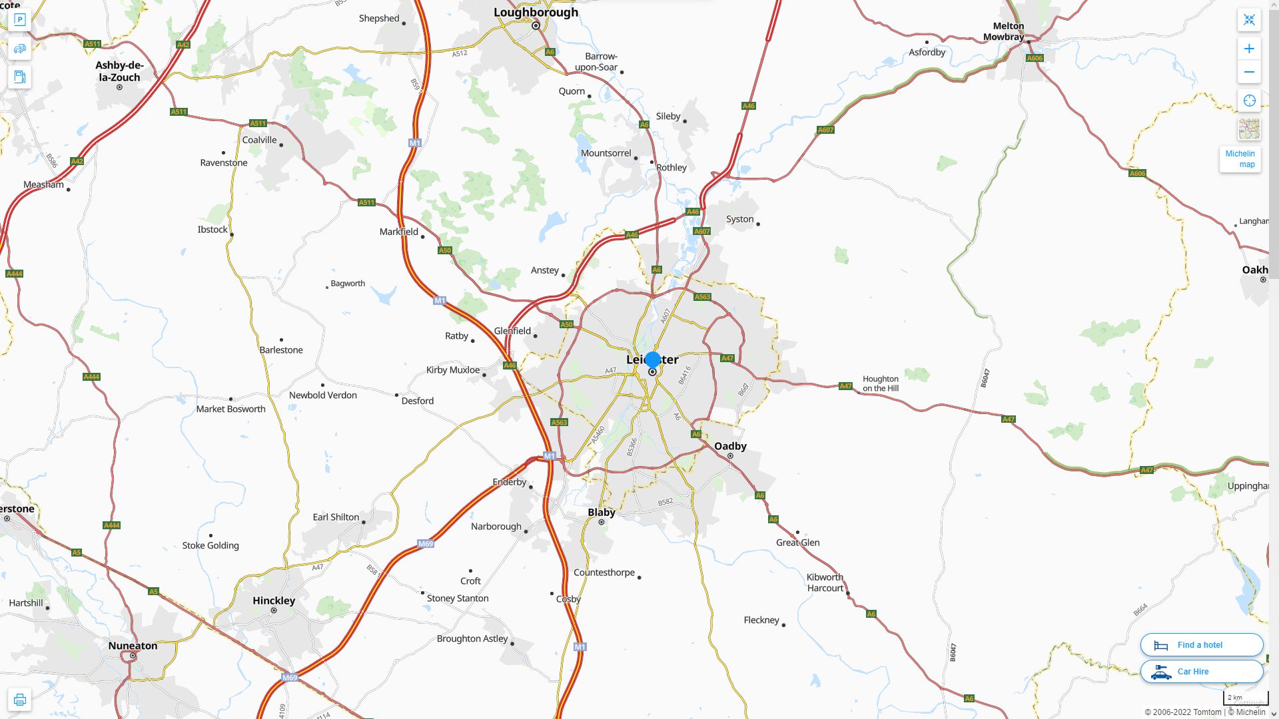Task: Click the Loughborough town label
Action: point(536,13)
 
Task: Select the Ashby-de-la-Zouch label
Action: point(119,71)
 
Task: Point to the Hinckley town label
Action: point(274,600)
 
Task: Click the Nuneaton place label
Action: point(133,646)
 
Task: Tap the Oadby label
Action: point(730,446)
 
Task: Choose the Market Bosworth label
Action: point(230,409)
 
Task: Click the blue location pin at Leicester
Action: point(653,360)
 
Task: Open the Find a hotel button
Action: point(1201,645)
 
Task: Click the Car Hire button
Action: point(1201,672)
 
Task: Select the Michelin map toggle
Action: point(1240,159)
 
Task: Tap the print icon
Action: point(20,700)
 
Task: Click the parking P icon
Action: point(20,20)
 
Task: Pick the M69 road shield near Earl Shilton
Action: point(426,544)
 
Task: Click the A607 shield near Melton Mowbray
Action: point(825,130)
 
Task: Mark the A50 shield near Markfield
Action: point(445,250)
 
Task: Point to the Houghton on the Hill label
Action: point(881,383)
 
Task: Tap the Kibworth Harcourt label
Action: point(825,583)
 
